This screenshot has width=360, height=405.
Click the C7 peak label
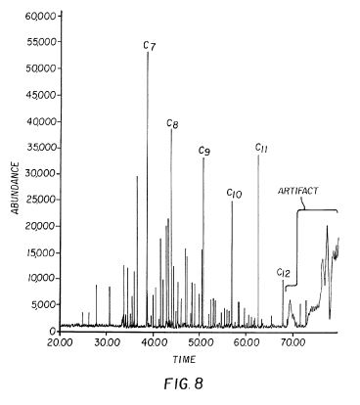click(x=150, y=46)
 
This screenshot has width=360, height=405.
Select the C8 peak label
click(x=172, y=124)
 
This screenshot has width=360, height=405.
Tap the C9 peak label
click(x=204, y=151)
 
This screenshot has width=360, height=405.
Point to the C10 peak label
click(x=234, y=194)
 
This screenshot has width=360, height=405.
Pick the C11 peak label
click(x=261, y=148)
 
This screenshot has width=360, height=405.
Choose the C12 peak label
click(x=283, y=273)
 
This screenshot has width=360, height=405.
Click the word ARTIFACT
click(x=297, y=191)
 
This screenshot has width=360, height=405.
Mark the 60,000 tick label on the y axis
click(x=41, y=16)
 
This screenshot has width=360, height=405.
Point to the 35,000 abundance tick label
click(x=41, y=148)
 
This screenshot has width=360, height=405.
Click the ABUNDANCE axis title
click(x=16, y=188)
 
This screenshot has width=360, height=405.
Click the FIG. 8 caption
click(x=184, y=383)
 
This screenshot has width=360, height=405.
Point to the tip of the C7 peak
click(x=148, y=52)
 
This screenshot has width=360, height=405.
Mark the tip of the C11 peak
click(x=258, y=156)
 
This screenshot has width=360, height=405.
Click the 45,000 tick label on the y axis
click(x=41, y=95)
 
